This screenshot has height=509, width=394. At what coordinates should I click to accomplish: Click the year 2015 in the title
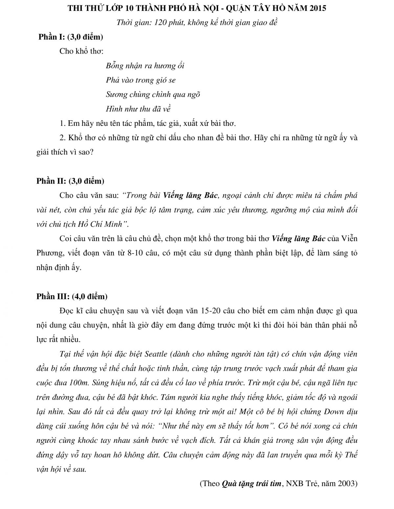click(x=317, y=8)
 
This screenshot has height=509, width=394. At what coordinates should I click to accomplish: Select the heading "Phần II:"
click(x=52, y=181)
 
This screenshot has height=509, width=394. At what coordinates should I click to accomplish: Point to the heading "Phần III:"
click(x=53, y=296)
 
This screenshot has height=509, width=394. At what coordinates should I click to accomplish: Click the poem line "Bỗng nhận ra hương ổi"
click(x=145, y=66)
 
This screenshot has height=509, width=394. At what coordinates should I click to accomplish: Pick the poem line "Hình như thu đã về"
click(x=138, y=109)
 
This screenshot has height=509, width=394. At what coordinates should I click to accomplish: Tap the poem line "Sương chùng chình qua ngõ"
click(x=153, y=94)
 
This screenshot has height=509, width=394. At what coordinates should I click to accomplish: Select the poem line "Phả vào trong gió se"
click(x=141, y=80)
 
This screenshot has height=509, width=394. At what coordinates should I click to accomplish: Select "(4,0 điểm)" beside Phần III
click(x=89, y=296)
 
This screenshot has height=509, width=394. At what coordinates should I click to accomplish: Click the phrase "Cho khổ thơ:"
click(x=82, y=51)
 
